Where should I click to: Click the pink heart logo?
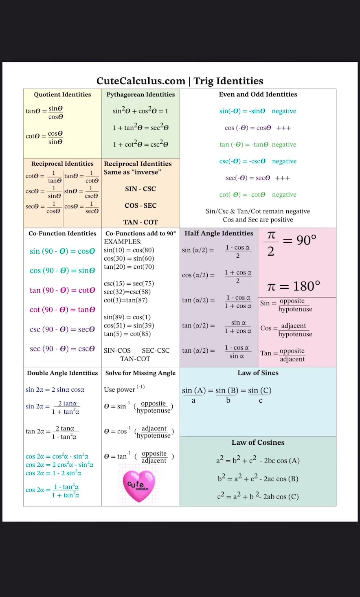click(139, 485)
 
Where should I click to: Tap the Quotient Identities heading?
click(62, 94)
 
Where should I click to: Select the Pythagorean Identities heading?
click(140, 94)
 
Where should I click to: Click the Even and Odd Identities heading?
click(258, 94)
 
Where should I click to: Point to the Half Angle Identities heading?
click(219, 233)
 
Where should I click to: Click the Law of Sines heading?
click(258, 373)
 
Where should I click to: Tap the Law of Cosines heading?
click(258, 443)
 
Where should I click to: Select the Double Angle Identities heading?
click(62, 373)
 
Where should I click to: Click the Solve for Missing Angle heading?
click(140, 373)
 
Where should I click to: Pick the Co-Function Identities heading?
click(62, 233)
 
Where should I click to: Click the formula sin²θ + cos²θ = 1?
click(140, 111)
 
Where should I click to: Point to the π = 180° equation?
click(294, 286)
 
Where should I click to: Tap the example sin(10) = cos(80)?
click(129, 250)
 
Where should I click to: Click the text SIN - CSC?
click(140, 189)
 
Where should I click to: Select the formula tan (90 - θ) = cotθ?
click(62, 290)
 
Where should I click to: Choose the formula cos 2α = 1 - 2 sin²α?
click(53, 473)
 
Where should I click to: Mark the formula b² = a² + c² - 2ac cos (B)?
click(258, 478)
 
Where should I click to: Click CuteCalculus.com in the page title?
click(141, 81)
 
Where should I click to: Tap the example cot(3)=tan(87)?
click(125, 300)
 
